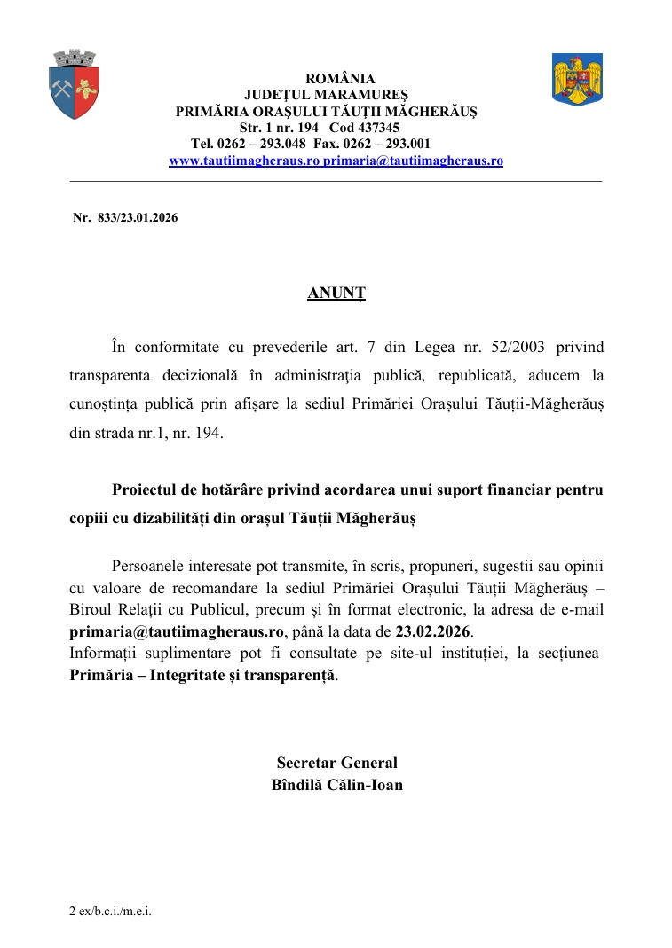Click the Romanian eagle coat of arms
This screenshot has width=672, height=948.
[x=577, y=79]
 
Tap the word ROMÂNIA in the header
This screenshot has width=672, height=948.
[x=340, y=79]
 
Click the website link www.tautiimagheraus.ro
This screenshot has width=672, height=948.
[x=244, y=161]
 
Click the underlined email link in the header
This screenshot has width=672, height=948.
[x=413, y=161]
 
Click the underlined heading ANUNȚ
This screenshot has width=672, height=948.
[x=336, y=293]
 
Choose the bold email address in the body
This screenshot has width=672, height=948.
[x=178, y=632]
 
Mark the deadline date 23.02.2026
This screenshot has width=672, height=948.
[x=433, y=632]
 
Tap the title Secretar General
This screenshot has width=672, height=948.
[x=336, y=763]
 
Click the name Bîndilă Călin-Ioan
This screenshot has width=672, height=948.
[x=336, y=785]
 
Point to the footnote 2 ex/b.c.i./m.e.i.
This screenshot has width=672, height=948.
[x=110, y=912]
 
